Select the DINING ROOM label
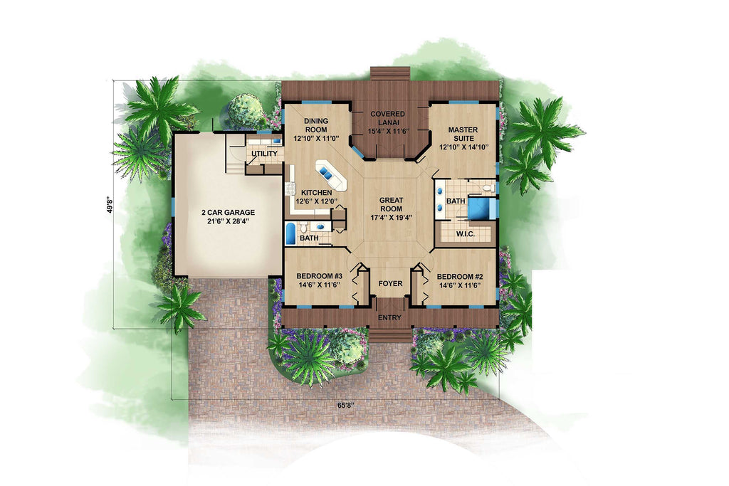[315, 125]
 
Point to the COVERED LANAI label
[388, 118]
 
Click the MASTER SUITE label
[461, 134]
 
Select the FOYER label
[390, 284]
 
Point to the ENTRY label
[389, 317]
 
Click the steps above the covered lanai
[389, 75]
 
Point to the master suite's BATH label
[456, 201]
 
